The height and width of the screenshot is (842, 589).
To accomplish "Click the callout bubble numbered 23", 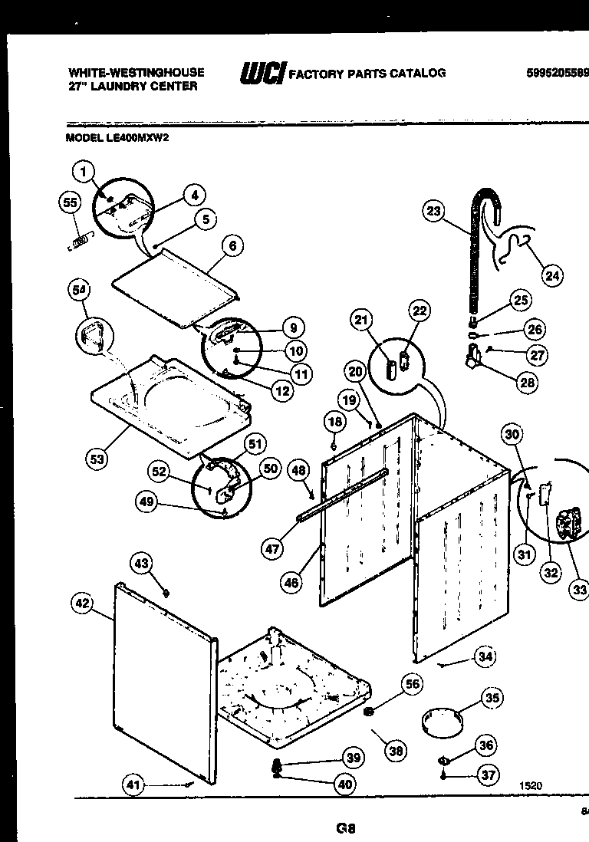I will click(434, 211).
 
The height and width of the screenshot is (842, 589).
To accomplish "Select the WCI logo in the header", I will click(263, 73).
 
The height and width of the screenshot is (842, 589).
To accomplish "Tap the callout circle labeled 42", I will click(82, 604).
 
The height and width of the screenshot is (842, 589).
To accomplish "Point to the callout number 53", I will click(96, 459).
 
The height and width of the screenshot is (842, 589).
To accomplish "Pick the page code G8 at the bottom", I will click(347, 827).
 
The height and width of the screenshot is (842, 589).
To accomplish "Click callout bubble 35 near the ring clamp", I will click(492, 697).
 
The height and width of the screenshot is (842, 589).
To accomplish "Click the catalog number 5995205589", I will click(557, 73).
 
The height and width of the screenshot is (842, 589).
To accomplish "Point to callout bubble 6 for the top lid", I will click(232, 246).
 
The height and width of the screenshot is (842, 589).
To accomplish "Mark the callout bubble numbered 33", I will click(578, 590).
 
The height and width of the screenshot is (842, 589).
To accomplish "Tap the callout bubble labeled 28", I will click(526, 382).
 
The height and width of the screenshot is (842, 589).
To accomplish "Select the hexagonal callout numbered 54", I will click(79, 290).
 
